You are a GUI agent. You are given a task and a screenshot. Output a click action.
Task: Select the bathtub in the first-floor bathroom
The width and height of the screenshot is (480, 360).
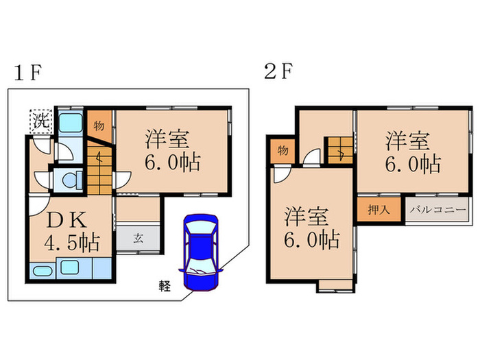[x=68, y=124]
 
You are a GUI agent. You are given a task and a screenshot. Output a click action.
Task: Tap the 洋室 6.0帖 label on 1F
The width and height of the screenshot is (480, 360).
[x=171, y=150]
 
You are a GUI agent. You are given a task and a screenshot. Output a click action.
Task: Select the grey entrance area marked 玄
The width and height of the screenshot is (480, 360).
[x=138, y=239]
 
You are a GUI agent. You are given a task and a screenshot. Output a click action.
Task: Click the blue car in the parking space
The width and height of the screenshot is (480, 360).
[x=200, y=254]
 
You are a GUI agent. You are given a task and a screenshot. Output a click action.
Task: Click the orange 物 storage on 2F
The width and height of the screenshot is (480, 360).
[x=281, y=150]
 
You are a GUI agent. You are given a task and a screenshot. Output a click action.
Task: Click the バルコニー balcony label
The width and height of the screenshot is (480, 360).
[x=439, y=210]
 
